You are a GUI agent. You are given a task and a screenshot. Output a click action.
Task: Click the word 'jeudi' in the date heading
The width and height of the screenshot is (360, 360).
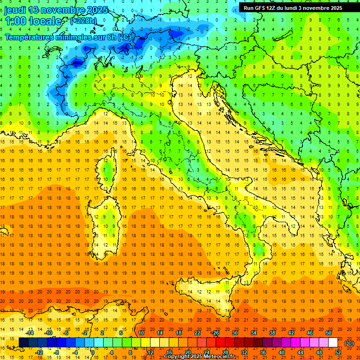15,10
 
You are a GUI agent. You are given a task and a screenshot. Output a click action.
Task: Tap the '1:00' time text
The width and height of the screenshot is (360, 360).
15,21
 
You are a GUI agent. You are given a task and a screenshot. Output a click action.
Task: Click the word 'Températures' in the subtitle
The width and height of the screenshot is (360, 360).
28,37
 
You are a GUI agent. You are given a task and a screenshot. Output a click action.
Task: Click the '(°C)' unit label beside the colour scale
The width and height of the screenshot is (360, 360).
349,343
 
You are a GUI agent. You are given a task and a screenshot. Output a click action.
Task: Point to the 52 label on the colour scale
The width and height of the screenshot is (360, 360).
338,352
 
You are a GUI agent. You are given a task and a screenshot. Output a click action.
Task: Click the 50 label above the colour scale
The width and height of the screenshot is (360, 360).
329,333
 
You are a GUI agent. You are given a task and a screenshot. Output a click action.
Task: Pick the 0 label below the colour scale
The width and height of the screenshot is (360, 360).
93,352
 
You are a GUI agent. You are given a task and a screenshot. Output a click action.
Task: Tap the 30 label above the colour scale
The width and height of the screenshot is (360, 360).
234,333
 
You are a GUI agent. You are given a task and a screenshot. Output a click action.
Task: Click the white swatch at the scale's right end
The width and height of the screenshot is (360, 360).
333,343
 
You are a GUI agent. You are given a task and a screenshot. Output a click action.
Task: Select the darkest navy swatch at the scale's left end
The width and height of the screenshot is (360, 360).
23,343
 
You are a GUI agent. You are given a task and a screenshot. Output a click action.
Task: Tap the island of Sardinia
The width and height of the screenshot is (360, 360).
104,223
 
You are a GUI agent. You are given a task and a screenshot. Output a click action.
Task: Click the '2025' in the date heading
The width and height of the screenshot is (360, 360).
97,10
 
